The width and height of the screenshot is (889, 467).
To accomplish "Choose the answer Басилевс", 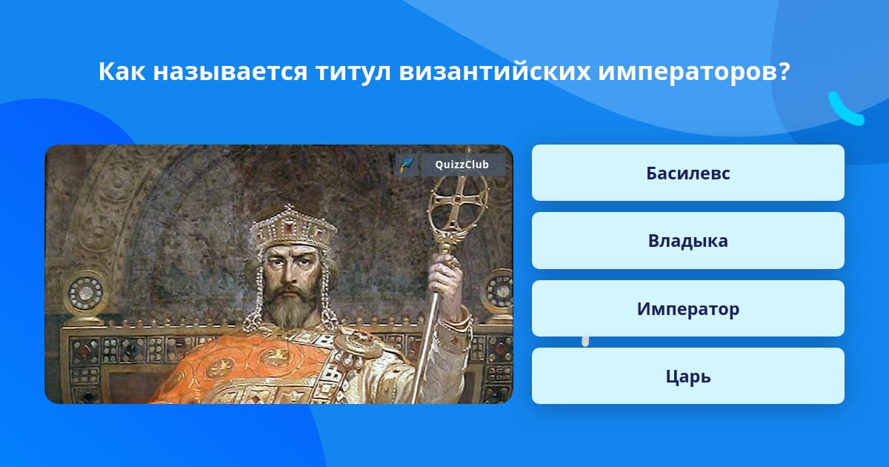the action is pyautogui.click(x=687, y=173).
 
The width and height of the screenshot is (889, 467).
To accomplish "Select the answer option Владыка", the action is pyautogui.click(x=687, y=241).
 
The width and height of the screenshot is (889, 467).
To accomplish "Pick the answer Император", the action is pyautogui.click(x=687, y=308).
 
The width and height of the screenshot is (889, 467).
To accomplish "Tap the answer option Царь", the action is pyautogui.click(x=687, y=376).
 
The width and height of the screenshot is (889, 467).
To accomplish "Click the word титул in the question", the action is pyautogui.click(x=353, y=71).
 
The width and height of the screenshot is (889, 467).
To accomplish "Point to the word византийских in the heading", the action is pyautogui.click(x=495, y=71).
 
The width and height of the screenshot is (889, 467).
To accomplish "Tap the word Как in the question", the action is pyautogui.click(x=121, y=71).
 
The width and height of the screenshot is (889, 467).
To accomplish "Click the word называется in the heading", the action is pyautogui.click(x=230, y=73).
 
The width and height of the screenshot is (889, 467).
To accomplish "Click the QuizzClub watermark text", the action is pyautogui.click(x=462, y=165).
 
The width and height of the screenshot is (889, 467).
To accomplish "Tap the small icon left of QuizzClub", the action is pyautogui.click(x=407, y=165).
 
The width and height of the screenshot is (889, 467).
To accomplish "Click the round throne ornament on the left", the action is pyautogui.click(x=86, y=294).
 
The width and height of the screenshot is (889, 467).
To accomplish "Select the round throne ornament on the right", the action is pyautogui.click(x=499, y=292).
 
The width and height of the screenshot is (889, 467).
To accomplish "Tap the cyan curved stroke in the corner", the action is pyautogui.click(x=845, y=109).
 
